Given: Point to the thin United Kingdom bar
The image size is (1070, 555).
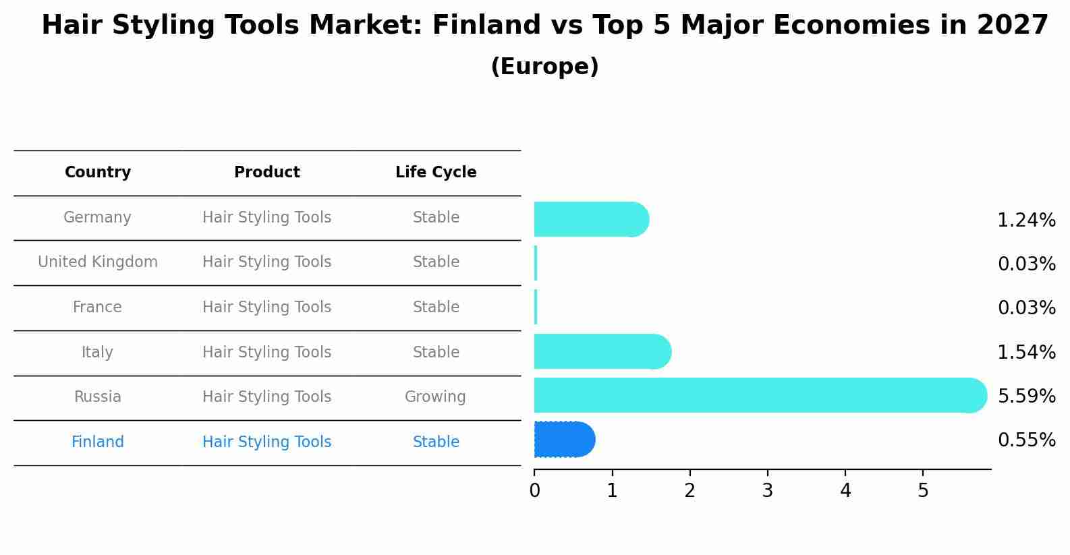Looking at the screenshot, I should pos(536,263).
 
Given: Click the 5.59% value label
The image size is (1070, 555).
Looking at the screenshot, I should pos(1026,396).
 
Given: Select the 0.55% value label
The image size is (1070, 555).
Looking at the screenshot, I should pos(1026,440).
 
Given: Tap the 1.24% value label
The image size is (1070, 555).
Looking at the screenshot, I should pos(1026,221).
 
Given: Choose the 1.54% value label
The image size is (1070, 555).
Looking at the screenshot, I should pos(1026,352).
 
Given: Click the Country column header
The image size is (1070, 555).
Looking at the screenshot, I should pos(98,173).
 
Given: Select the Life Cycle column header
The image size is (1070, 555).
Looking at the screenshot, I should pos(436,173).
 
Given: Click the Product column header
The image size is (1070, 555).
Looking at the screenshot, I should pos(266,173).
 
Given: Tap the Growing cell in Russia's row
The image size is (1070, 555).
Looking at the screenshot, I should pos(435,397).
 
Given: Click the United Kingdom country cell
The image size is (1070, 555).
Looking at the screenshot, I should pos(98,262).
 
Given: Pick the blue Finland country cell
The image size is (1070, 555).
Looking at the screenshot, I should pos(98,442).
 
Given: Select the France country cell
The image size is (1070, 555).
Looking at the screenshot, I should pos(98,308).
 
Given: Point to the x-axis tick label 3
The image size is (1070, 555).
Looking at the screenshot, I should pos(767,491).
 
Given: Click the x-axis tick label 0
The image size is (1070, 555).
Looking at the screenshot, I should pos(534,491).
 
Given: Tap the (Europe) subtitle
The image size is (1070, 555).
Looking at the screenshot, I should pos(544,67).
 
